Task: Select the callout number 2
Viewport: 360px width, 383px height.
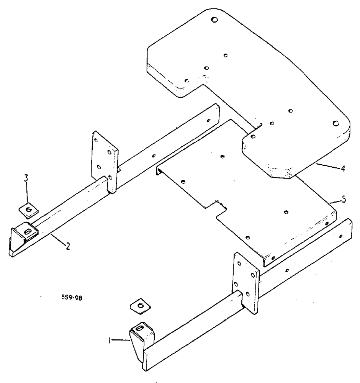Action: pyautogui.click(x=67, y=246)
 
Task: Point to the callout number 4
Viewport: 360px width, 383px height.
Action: pyautogui.click(x=343, y=169)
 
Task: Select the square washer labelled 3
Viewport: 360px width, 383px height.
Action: pyautogui.click(x=28, y=209)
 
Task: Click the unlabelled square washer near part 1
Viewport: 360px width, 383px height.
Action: pyautogui.click(x=140, y=305)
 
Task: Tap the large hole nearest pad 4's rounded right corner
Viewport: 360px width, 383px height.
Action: pyautogui.click(x=335, y=123)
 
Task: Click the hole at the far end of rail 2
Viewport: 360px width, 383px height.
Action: pyautogui.click(x=208, y=120)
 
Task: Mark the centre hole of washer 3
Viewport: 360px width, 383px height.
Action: pyautogui.click(x=28, y=209)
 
